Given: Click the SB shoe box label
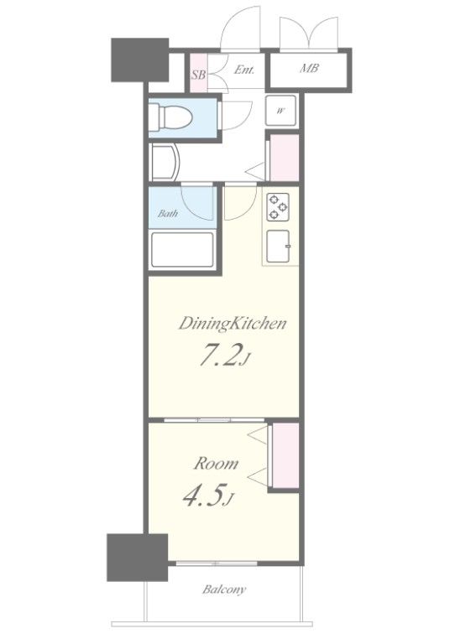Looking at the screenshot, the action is [x=198, y=75].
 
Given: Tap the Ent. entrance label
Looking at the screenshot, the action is [x=244, y=70].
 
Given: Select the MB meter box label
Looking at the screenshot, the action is [x=309, y=68].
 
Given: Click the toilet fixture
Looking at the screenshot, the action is [x=170, y=117].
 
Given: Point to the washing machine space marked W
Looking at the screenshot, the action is [x=280, y=111].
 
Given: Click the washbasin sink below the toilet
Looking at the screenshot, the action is [x=165, y=162].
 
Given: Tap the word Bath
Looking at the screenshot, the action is [x=168, y=214].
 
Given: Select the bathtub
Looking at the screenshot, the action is [x=182, y=250].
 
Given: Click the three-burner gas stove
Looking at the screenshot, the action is [x=278, y=207].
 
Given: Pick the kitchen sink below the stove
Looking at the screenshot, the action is [x=278, y=246].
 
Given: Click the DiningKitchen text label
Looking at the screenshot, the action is [x=233, y=324].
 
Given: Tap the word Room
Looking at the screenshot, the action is [x=216, y=464].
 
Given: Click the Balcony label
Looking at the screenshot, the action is [x=224, y=589].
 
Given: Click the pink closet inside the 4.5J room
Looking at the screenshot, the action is [x=285, y=455].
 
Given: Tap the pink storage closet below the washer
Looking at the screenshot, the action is [x=285, y=158].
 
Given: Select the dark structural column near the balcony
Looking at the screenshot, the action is [x=138, y=558].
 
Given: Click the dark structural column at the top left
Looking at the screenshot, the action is [x=140, y=60].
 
